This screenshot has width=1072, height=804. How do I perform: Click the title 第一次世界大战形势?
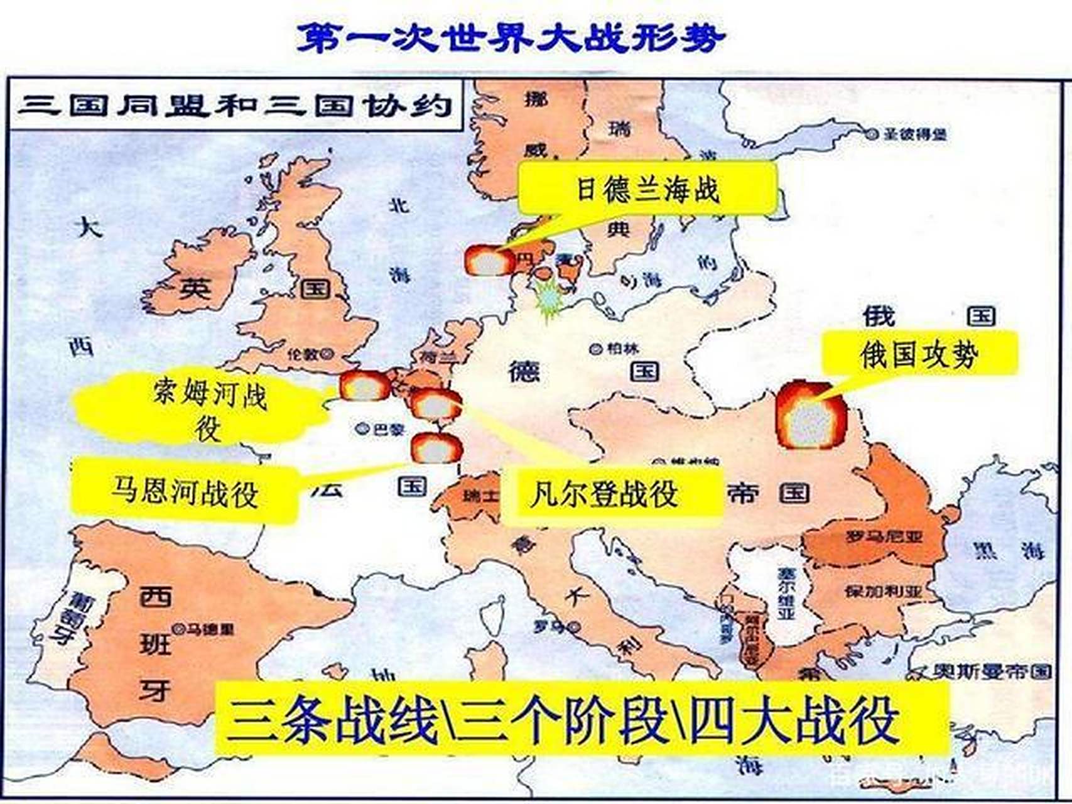[x=510, y=38]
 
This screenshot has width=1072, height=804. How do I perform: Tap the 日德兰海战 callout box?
[x=647, y=188]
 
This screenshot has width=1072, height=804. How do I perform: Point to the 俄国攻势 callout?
[x=919, y=354]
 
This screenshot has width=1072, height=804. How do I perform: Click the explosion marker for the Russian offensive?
[x=811, y=415]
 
